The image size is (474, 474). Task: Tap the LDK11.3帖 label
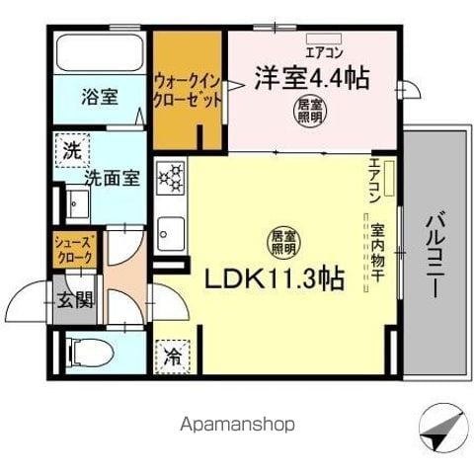pos(274,279)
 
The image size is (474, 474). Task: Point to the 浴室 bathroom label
pos(99,99)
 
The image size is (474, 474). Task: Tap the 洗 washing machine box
pos(71,152)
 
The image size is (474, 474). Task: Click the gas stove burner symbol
pos(172,180)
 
